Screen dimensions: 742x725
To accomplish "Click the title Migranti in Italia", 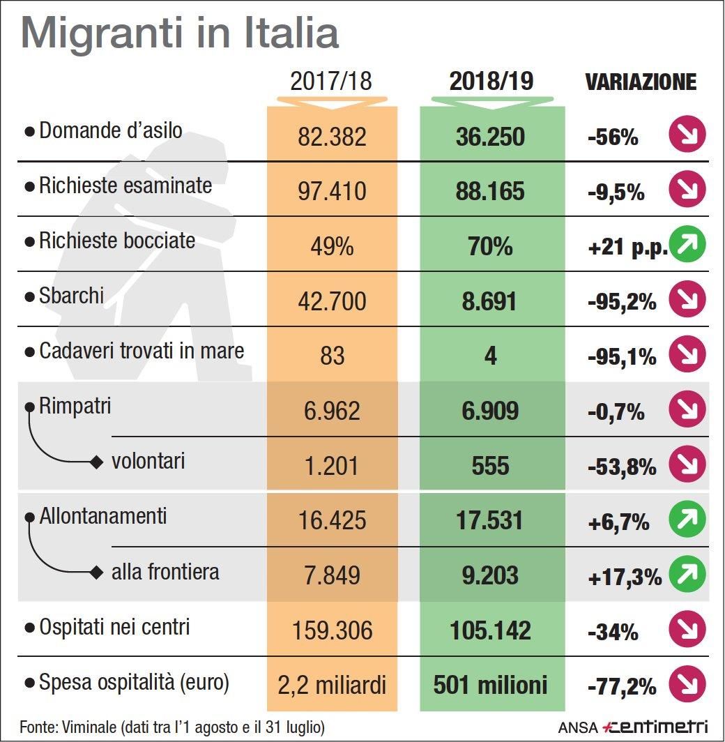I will pos(180,33).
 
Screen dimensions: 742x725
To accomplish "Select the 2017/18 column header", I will pos(331,82).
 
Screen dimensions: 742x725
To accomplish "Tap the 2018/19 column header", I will pos(491,82).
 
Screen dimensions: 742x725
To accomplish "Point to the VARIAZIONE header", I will pos(641,82).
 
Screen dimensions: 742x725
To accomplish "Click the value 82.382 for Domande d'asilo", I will pos(332,136).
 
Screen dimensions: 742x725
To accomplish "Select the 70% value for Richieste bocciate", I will pos(491,246).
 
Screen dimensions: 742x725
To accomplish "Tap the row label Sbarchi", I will pos(71,296).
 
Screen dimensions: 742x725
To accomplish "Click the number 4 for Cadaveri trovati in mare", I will pos(491,356).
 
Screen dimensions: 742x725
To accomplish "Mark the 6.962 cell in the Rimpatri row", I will pos(332,411).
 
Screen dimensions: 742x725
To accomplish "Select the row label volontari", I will pos(148,461).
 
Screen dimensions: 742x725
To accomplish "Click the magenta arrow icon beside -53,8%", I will pos(687,465).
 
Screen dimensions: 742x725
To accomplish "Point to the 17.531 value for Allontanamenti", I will pos(491,521).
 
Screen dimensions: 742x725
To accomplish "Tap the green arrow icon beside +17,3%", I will pos(687,575).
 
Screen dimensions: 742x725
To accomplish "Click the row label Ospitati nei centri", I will pos(114,628).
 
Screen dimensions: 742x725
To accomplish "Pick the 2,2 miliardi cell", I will pos(332,686).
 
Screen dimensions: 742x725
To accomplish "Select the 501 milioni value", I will pos(491,686).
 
